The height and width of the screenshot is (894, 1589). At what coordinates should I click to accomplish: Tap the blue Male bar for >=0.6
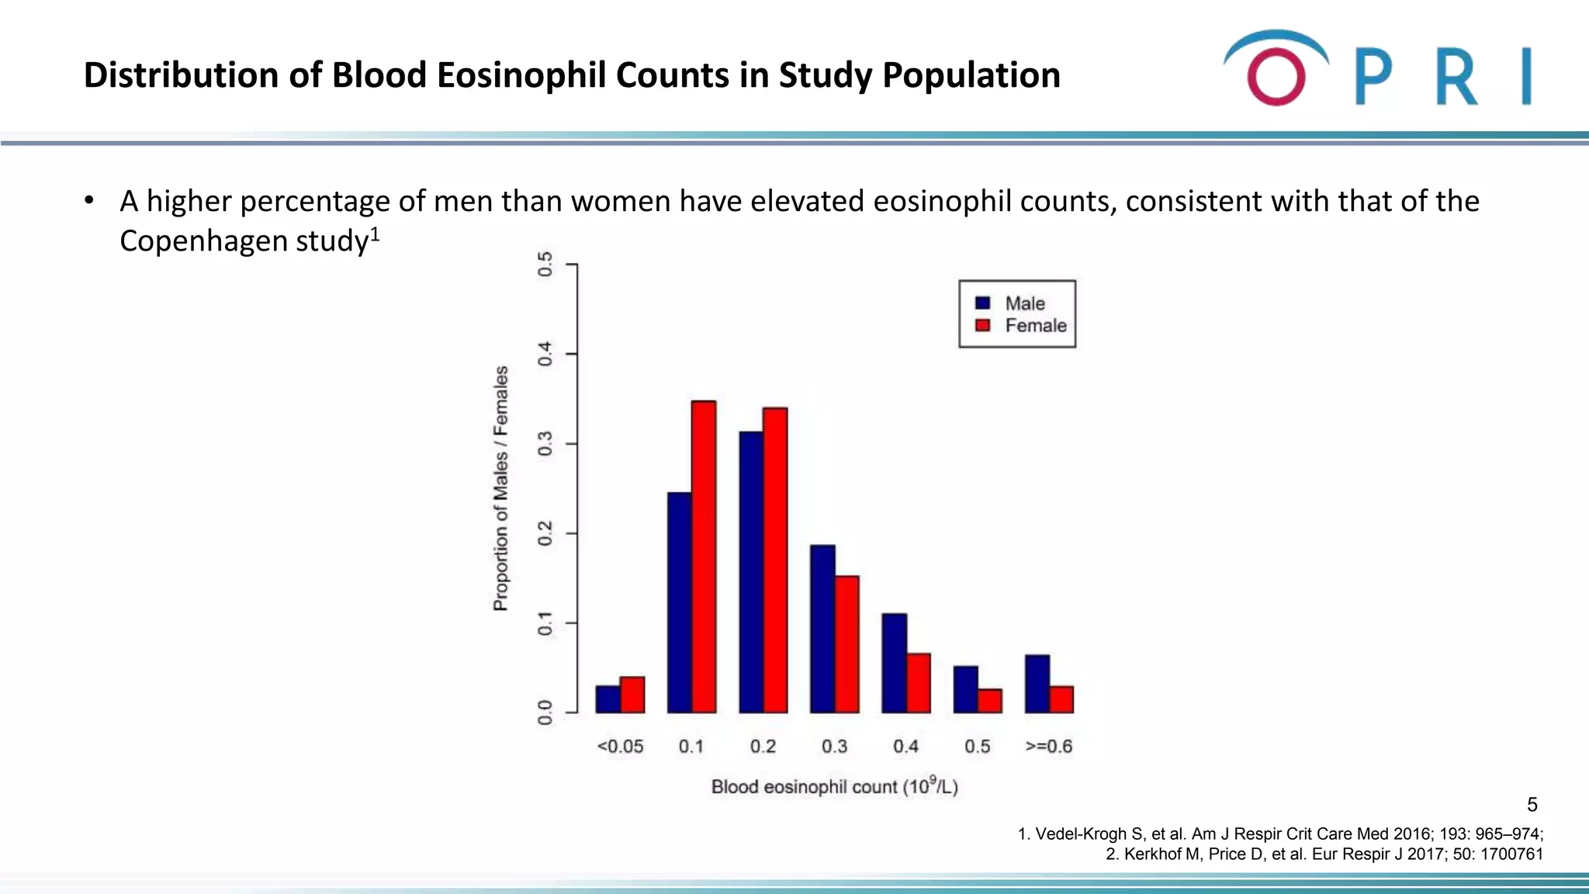pyautogui.click(x=1037, y=684)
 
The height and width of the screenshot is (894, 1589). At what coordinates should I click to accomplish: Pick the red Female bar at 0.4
pyautogui.click(x=919, y=683)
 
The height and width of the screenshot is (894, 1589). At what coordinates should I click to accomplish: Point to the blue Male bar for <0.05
pyautogui.click(x=608, y=698)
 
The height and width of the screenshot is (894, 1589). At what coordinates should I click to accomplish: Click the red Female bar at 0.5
pyautogui.click(x=990, y=701)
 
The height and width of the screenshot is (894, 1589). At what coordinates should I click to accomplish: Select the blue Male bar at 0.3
pyautogui.click(x=822, y=629)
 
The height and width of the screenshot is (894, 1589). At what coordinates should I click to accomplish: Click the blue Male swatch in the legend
pyautogui.click(x=983, y=303)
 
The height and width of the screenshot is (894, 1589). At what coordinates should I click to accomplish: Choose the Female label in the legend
pyautogui.click(x=1036, y=326)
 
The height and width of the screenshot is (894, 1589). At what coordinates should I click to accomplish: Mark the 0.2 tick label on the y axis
pyautogui.click(x=545, y=534)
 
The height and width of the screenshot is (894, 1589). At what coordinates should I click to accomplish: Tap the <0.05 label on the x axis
pyautogui.click(x=620, y=747)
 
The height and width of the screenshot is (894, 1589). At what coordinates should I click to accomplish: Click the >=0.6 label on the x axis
pyautogui.click(x=1049, y=747)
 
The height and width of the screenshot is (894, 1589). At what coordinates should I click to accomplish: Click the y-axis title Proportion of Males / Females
pyautogui.click(x=501, y=489)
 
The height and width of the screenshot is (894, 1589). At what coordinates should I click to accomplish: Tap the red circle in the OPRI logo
pyautogui.click(x=1276, y=77)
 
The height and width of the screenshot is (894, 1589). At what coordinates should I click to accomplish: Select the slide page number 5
pyautogui.click(x=1532, y=805)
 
